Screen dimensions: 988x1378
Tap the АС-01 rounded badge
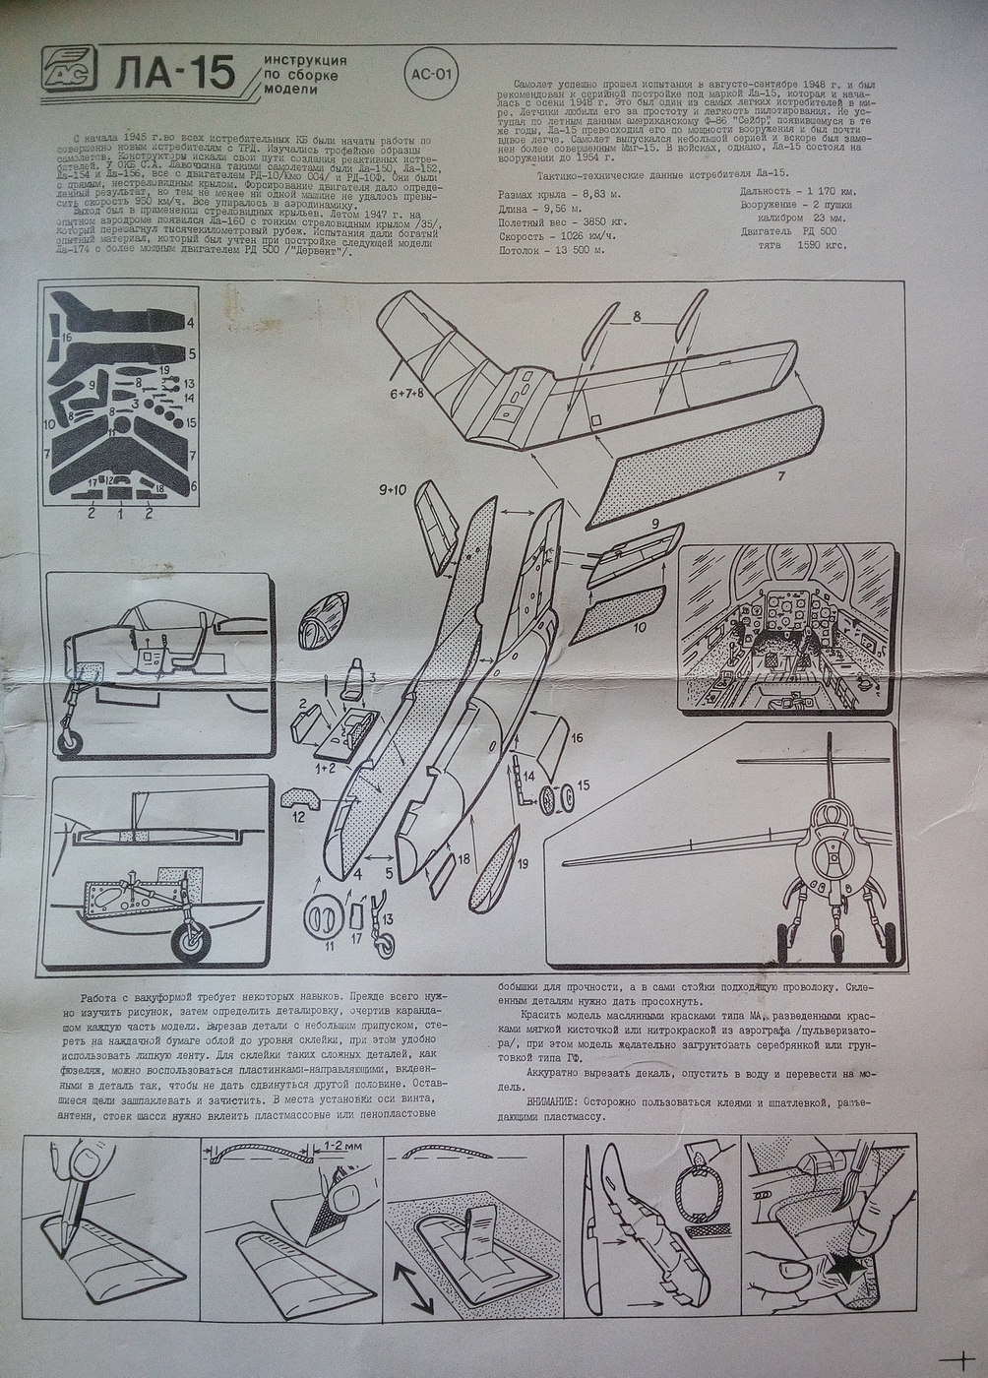pyautogui.click(x=431, y=73)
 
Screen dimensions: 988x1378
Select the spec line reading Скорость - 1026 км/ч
pyautogui.click(x=558, y=235)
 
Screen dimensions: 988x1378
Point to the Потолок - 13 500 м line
pyautogui.click(x=552, y=250)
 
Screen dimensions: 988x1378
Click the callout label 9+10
pyautogui.click(x=391, y=489)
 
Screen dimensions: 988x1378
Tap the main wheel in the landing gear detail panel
pyautogui.click(x=192, y=941)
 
